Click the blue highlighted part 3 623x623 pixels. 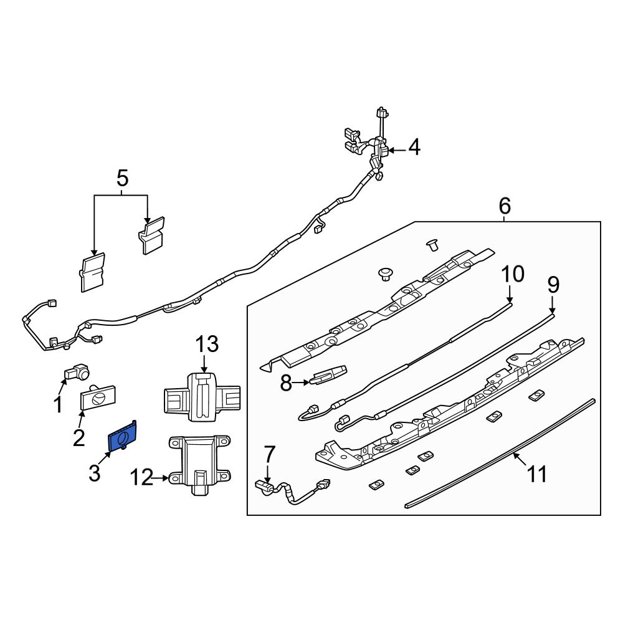coord(123,436)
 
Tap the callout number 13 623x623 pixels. coord(207,344)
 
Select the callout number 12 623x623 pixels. coord(141,477)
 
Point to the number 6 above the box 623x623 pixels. coord(504,206)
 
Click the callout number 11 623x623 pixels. coord(537,474)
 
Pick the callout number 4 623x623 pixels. coord(414,148)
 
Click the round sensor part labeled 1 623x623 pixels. coord(77,371)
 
